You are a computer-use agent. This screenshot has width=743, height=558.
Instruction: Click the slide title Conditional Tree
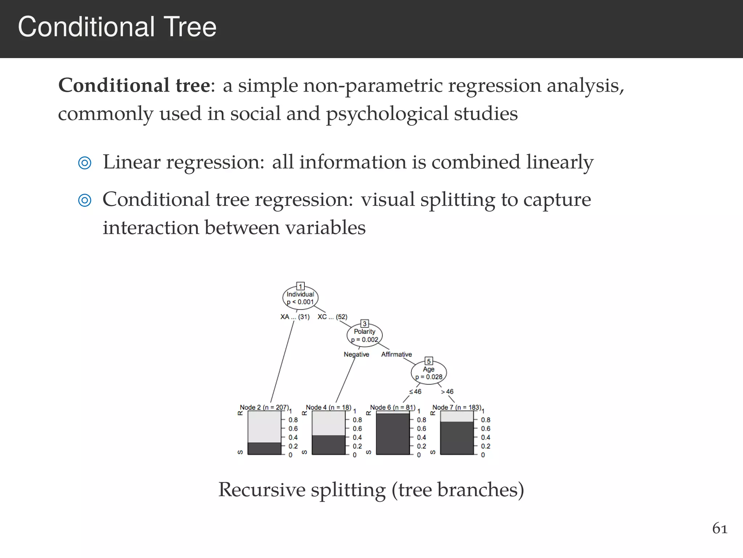pos(117,27)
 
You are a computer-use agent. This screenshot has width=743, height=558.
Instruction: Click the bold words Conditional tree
pos(134,86)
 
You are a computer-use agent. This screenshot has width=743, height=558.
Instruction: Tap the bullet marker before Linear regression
pos(85,163)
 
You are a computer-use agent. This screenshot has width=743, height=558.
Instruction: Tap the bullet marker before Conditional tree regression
pos(85,200)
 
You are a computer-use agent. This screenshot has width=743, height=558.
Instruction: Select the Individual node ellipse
pos(300,298)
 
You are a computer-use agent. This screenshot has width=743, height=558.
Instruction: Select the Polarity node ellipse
pos(364,335)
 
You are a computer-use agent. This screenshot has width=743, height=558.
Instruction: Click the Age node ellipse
pos(428,373)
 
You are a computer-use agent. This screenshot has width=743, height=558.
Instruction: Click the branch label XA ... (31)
pos(295,317)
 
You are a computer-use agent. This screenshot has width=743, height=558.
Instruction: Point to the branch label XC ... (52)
pos(332,317)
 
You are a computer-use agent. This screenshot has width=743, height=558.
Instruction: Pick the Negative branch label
pos(356,354)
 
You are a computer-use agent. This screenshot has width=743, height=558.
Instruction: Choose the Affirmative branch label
pos(396,354)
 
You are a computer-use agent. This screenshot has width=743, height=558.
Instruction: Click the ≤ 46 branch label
pos(415,392)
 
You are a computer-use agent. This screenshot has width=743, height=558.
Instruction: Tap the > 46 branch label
pos(447,392)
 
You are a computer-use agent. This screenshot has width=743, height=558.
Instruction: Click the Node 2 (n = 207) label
pos(264,407)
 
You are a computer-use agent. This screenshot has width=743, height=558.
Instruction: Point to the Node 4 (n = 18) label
pos(328,407)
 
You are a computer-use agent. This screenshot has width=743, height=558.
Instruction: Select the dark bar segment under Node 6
pos(393,434)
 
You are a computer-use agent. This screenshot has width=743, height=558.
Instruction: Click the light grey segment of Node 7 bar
pos(457,416)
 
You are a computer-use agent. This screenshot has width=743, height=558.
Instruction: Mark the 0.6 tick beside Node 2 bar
pos(293,429)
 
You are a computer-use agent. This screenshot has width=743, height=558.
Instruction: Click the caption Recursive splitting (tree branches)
pos(371,490)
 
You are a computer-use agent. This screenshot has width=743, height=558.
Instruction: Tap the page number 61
pos(720,529)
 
